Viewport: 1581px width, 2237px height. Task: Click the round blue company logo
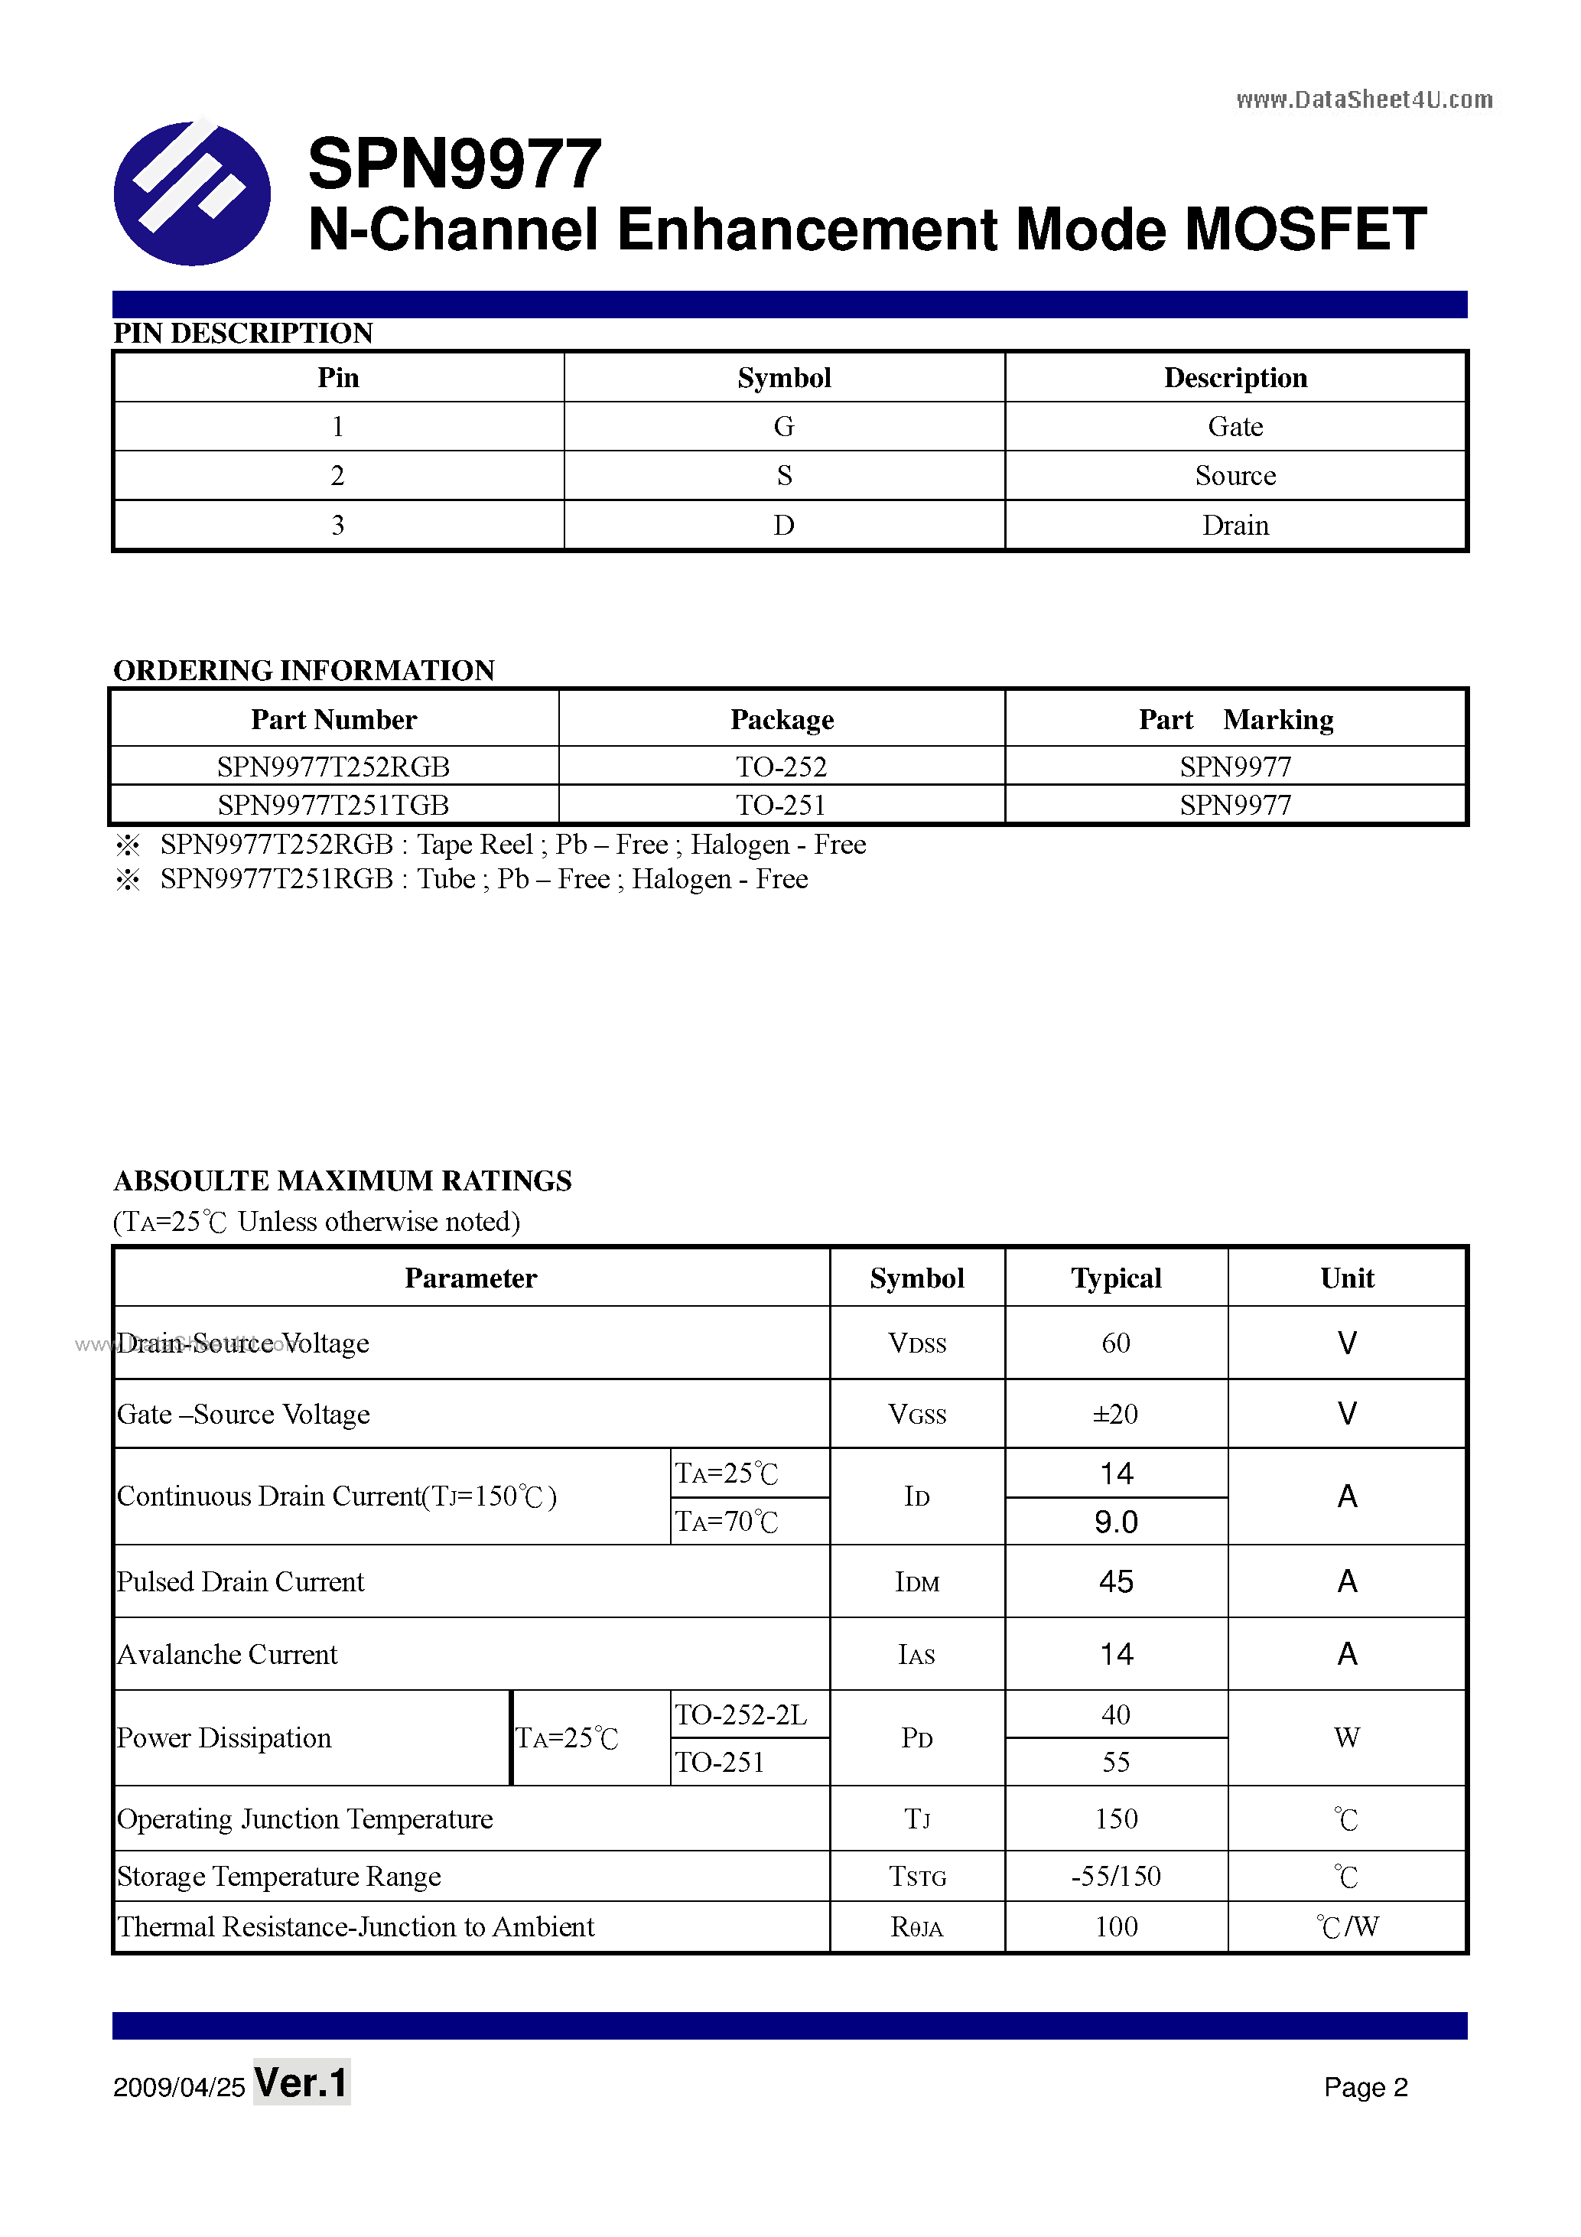(x=192, y=193)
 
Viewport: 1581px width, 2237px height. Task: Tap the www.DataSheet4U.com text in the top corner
(x=1364, y=99)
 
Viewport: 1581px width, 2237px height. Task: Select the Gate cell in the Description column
(x=1235, y=427)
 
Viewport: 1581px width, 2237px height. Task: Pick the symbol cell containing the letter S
(x=784, y=475)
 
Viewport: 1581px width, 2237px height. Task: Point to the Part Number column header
(x=333, y=720)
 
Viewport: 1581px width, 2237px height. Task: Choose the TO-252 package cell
(x=781, y=767)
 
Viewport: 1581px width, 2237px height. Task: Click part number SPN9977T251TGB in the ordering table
(x=333, y=805)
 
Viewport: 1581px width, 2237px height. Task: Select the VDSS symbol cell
(x=916, y=1343)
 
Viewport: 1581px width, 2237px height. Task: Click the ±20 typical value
(x=1115, y=1414)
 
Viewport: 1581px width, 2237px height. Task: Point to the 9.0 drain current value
(x=1115, y=1522)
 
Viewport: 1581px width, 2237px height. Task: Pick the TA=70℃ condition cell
(x=727, y=1522)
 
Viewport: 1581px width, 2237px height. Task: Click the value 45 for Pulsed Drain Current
(x=1115, y=1581)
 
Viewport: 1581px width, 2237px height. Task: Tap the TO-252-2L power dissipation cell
(x=741, y=1714)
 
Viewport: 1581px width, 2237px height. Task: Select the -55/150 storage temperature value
(x=1115, y=1877)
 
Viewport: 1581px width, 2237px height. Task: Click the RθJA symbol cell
(x=916, y=1927)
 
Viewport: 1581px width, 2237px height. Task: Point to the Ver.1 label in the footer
(x=301, y=2083)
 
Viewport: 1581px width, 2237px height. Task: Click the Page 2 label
(x=1365, y=2087)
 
